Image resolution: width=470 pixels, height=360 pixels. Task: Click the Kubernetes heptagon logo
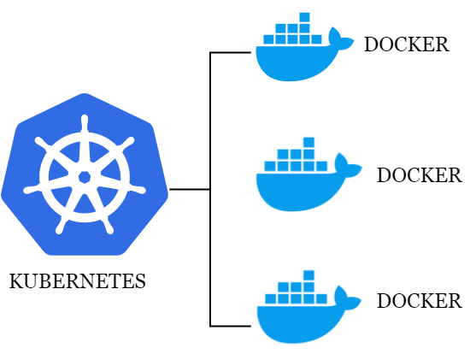click(x=84, y=175)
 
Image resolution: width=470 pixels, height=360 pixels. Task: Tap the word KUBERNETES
click(x=77, y=280)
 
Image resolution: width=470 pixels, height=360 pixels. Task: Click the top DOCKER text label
click(x=406, y=44)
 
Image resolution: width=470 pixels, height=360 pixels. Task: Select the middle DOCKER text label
click(x=419, y=175)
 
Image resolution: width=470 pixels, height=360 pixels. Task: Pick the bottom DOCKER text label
click(x=419, y=301)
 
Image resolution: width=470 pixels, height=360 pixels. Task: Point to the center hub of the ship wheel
click(x=84, y=177)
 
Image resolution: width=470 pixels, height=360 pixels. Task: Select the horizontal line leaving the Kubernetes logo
click(x=190, y=189)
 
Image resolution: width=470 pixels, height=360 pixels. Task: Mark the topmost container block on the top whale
click(x=303, y=17)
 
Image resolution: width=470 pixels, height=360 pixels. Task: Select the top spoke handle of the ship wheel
click(x=84, y=121)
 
